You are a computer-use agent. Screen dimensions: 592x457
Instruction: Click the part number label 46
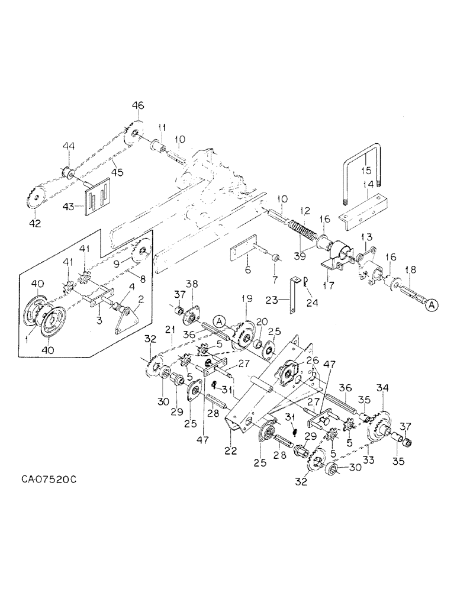tap(137, 106)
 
